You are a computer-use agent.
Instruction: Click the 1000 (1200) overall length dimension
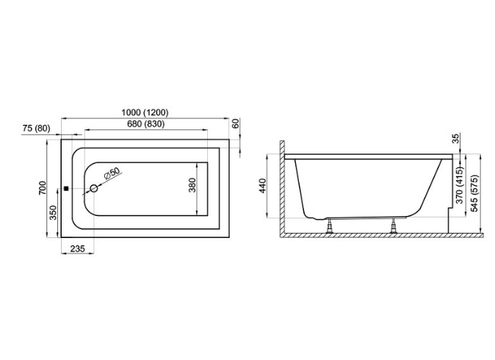point(145,112)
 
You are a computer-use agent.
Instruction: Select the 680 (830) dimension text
point(146,124)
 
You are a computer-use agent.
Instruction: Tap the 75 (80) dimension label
point(37,129)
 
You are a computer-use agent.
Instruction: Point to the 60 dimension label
point(236,123)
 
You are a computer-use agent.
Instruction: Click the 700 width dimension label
point(43,188)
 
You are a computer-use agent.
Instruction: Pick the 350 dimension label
point(53,212)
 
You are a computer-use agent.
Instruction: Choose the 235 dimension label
point(77,249)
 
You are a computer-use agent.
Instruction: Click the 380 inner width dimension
point(192,185)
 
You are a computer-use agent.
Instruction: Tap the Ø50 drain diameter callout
point(112,173)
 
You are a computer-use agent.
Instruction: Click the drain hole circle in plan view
point(94,189)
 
